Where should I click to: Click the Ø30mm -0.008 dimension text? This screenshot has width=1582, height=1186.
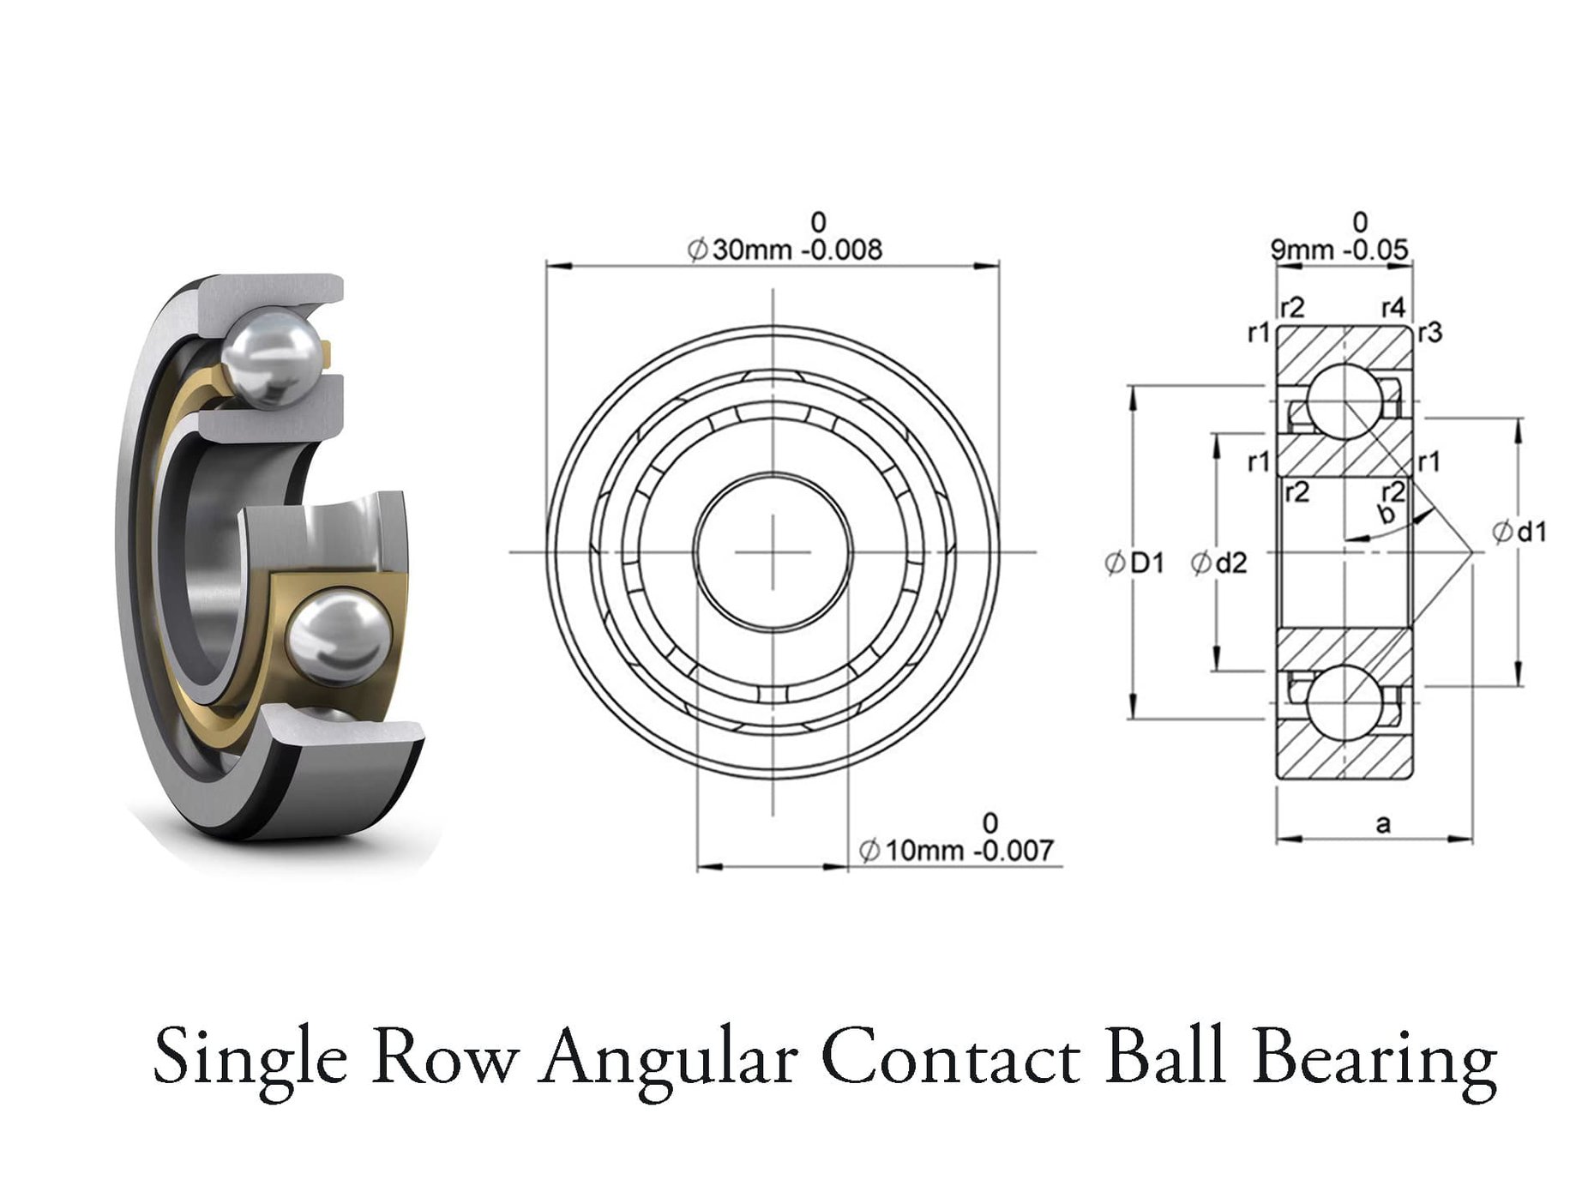tap(784, 250)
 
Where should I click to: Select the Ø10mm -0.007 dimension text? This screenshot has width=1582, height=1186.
tap(955, 850)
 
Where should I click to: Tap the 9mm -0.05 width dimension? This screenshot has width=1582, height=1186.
tap(1338, 250)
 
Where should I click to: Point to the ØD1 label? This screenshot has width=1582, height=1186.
tap(1134, 563)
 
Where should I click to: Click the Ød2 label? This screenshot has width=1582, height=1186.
tap(1218, 563)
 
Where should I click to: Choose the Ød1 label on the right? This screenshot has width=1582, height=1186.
tap(1519, 533)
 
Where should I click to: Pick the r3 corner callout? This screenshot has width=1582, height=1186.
tap(1429, 333)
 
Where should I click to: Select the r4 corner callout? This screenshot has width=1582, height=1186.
tap(1393, 307)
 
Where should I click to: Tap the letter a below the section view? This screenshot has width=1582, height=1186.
tap(1382, 824)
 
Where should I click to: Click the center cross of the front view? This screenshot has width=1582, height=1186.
tap(773, 551)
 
